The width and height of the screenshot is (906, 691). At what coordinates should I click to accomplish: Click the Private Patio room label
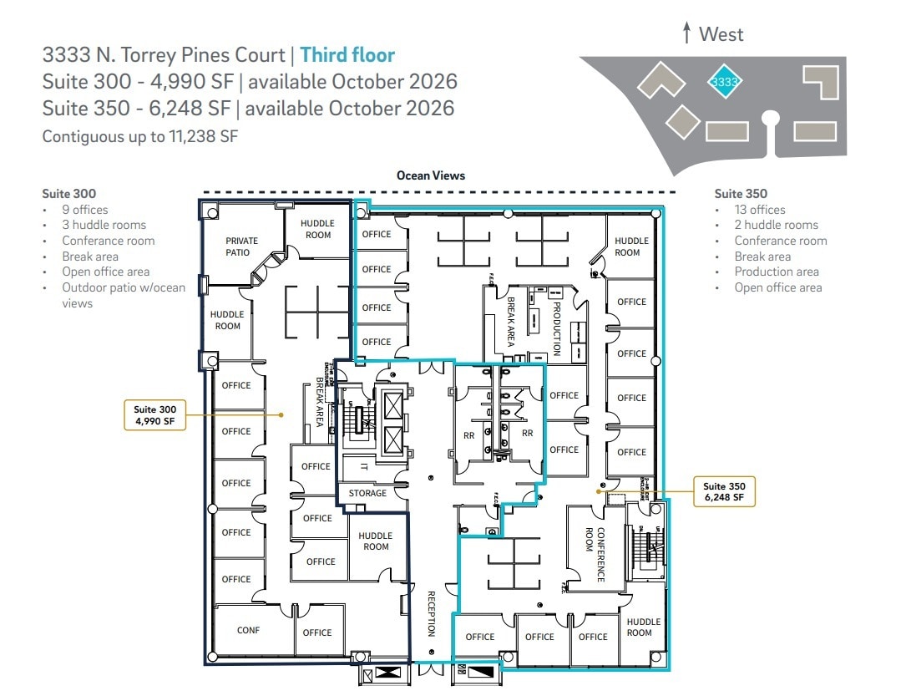click(x=241, y=246)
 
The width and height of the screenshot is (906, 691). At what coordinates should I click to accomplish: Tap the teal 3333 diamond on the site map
click(x=724, y=82)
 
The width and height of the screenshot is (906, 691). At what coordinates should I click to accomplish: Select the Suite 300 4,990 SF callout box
click(x=155, y=415)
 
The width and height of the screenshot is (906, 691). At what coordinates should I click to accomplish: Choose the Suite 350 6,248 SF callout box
click(x=724, y=491)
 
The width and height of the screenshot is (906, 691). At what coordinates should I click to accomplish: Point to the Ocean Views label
click(x=431, y=175)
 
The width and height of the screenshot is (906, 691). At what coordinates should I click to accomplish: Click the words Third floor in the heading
click(x=347, y=55)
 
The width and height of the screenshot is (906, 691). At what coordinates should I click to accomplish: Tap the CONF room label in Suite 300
click(x=248, y=630)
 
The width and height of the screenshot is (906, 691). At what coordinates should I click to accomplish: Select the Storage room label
click(x=367, y=493)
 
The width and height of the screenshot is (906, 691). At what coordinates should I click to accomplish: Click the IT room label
click(x=364, y=467)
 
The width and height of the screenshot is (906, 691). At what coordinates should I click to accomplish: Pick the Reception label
click(x=432, y=614)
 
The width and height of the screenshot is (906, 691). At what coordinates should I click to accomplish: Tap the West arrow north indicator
click(x=712, y=33)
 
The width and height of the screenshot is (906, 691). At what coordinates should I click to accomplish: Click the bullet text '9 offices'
click(x=84, y=210)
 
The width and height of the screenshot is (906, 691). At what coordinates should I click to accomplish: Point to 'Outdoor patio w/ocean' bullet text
click(x=124, y=287)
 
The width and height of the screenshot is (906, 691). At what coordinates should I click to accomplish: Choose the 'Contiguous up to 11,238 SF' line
click(x=140, y=136)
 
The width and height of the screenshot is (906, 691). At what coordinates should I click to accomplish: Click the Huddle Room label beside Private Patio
click(x=318, y=229)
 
